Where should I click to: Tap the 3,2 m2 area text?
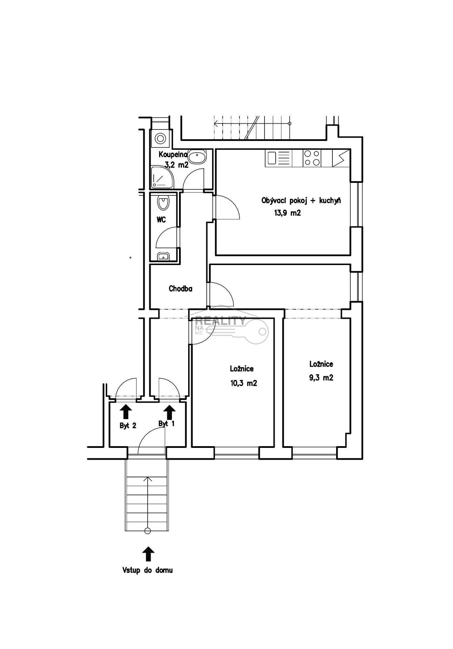176,165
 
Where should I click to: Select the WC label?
161,220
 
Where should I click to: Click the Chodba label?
180,289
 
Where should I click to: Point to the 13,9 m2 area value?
287,213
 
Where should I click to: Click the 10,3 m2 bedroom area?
243,383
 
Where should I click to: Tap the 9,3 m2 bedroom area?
321,378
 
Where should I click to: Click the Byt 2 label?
128,426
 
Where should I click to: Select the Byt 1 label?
167,424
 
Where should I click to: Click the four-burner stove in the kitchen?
312,158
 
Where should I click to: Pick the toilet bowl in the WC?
163,202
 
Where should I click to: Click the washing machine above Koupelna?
159,138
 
